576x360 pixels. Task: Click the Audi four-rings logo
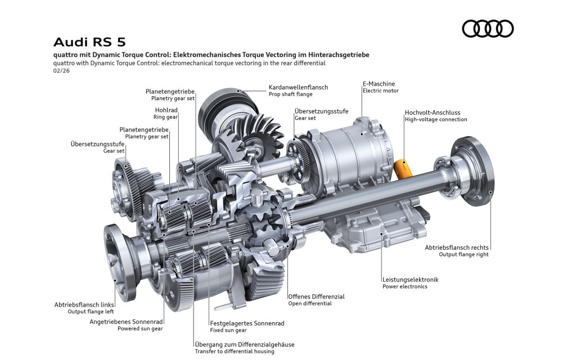tap(488, 29)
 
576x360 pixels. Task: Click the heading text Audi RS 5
tap(89, 42)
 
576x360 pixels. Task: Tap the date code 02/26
tap(61, 70)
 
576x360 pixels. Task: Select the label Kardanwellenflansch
tap(298, 87)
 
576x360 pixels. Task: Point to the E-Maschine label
tap(379, 84)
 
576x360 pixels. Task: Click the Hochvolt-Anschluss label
tap(433, 112)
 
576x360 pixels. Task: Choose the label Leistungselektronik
tap(410, 280)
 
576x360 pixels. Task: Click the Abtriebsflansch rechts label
tap(457, 247)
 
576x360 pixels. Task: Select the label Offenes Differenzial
tap(316, 296)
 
